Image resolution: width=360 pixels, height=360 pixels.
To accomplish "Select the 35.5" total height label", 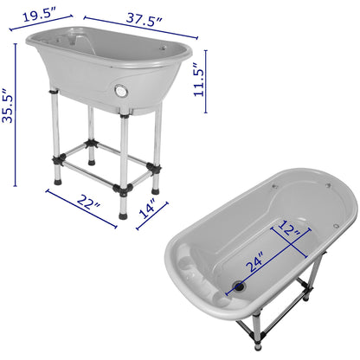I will click(x=9, y=107).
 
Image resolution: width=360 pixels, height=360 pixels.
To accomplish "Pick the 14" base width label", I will click(x=146, y=210).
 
